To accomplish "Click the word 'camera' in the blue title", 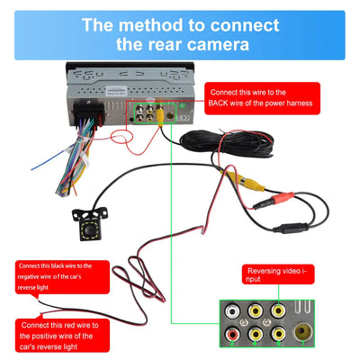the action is (x=219, y=44).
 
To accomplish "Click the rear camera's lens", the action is (x=88, y=230).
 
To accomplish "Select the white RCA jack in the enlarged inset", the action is (x=232, y=311).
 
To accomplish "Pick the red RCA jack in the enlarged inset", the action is (x=232, y=334).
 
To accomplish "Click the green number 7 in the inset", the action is (x=303, y=343).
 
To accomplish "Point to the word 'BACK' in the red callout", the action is (x=218, y=103).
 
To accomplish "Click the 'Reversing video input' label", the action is (x=277, y=274).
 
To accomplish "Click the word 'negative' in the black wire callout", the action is (x=29, y=276).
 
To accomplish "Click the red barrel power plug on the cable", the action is (x=274, y=201).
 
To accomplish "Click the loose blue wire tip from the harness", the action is (x=32, y=169).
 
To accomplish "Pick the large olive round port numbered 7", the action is (x=303, y=332).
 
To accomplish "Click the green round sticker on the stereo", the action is (x=182, y=105).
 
